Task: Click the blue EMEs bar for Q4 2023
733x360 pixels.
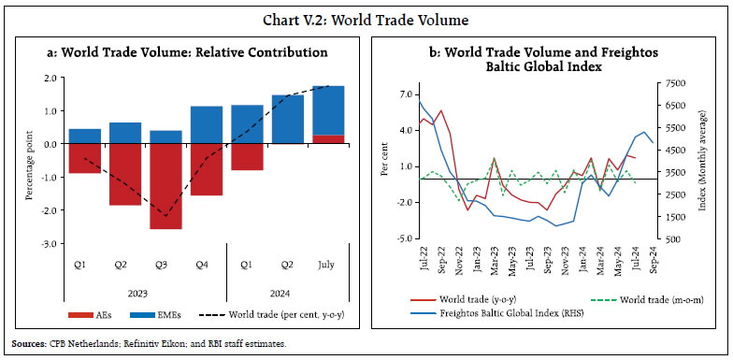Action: pyautogui.click(x=207, y=124)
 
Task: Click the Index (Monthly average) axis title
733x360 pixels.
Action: pyautogui.click(x=713, y=161)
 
